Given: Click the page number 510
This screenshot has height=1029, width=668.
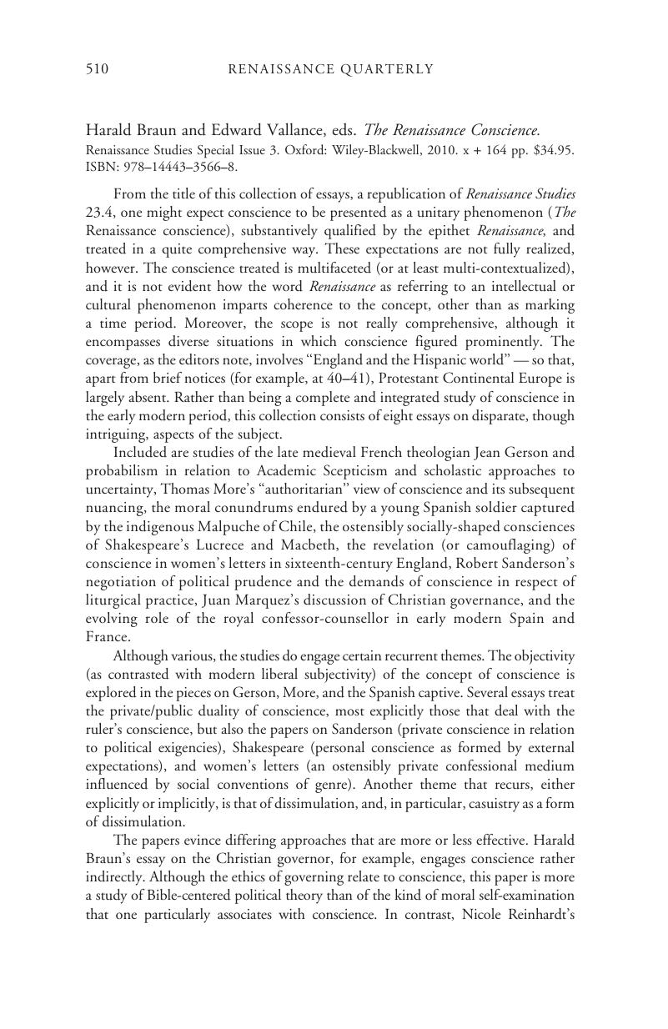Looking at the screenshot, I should [x=98, y=69].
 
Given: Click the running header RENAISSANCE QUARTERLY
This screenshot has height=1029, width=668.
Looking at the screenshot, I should [x=331, y=69].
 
